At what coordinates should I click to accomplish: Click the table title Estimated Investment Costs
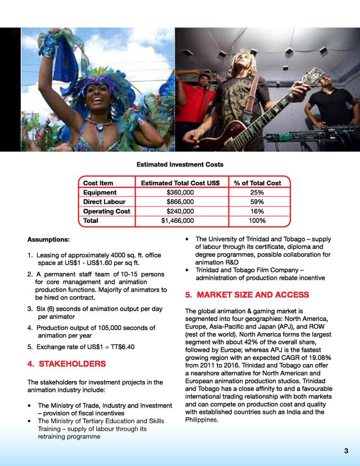[x=180, y=165]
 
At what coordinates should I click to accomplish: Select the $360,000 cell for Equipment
[x=180, y=192]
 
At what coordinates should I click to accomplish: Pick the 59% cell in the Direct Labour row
[x=257, y=201]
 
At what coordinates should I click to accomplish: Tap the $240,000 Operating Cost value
[x=180, y=211]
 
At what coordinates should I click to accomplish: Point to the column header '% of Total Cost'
[x=257, y=183]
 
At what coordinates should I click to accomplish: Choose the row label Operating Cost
[x=106, y=211]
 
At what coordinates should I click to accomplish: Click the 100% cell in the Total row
[x=257, y=221]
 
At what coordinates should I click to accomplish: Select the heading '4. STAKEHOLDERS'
[x=66, y=364]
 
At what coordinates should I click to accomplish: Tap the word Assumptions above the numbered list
[x=49, y=239]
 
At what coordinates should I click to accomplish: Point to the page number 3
[x=346, y=451]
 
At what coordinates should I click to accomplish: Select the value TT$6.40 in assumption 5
[x=122, y=346]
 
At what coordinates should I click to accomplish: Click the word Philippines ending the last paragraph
[x=201, y=420]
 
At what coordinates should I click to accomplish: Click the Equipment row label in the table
[x=100, y=192]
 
